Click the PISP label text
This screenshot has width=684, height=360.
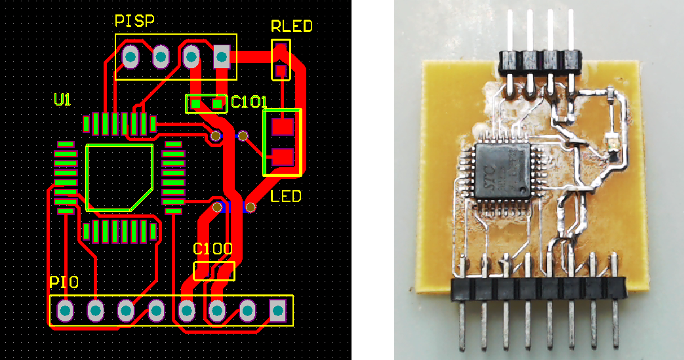click(x=134, y=22)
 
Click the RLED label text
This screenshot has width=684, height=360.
click(x=291, y=27)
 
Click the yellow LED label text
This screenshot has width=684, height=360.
click(x=286, y=196)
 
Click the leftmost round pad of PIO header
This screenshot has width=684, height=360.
click(x=65, y=310)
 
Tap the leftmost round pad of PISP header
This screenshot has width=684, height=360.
click(x=130, y=58)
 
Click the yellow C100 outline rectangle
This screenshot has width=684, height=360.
click(x=214, y=271)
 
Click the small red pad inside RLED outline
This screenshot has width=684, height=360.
click(x=281, y=70)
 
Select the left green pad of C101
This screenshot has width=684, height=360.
click(x=195, y=103)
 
